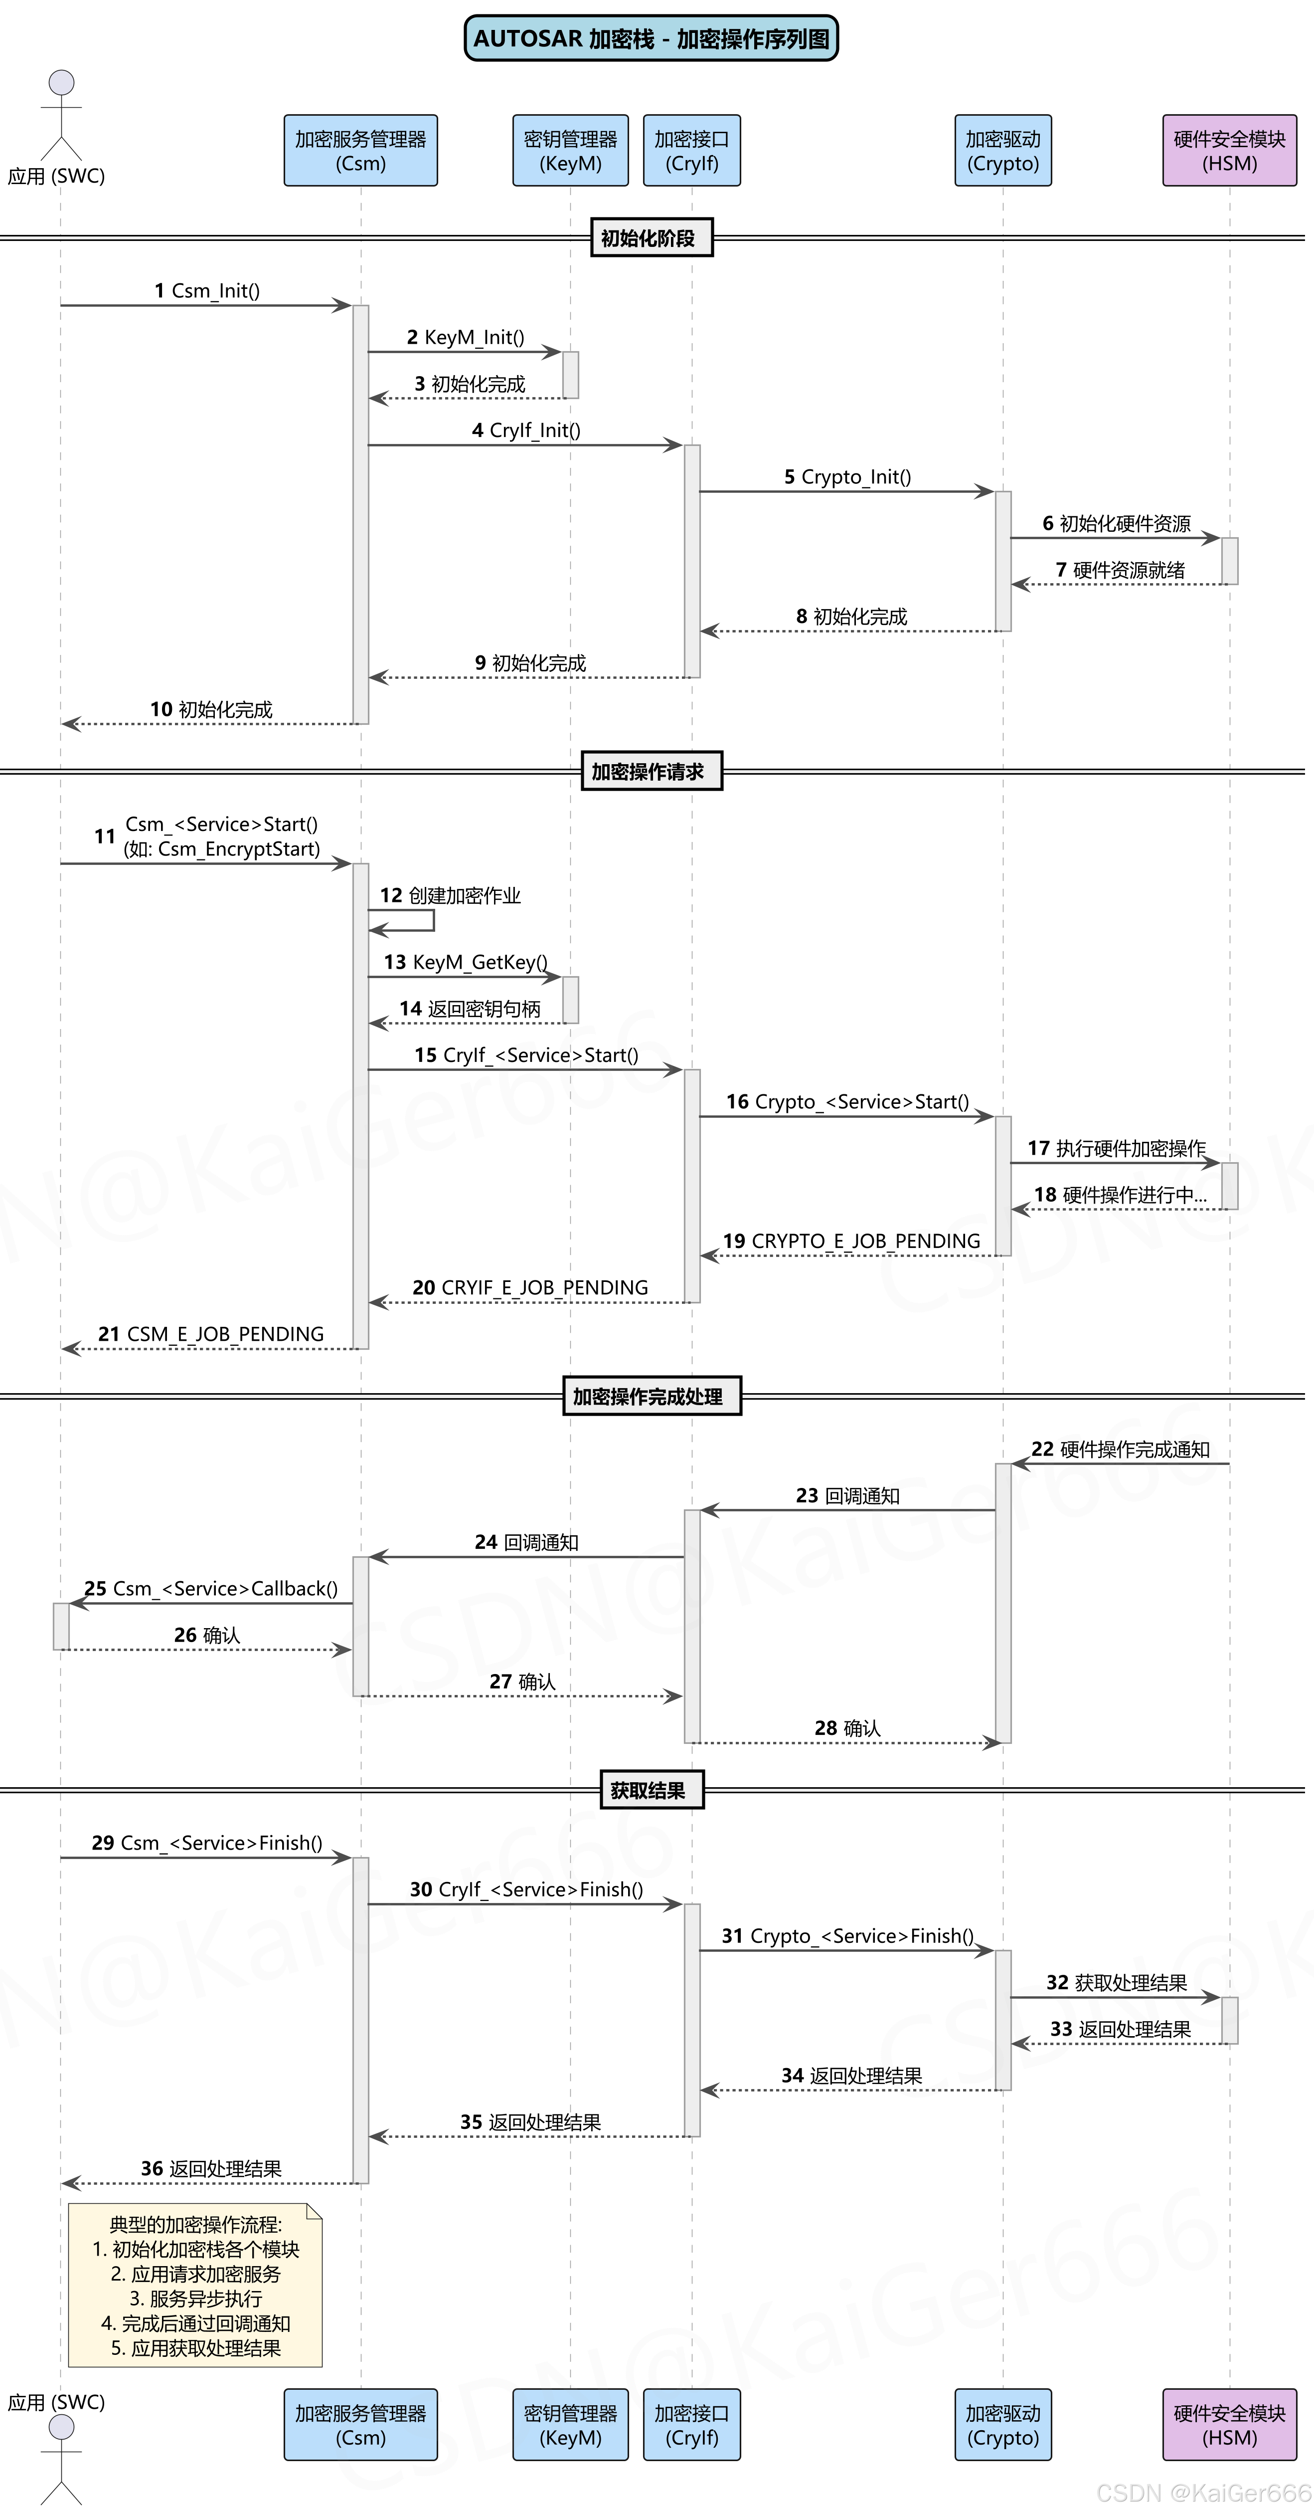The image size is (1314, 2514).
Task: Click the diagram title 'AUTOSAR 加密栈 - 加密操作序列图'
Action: [651, 39]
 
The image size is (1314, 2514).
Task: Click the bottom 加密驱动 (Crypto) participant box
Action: [1003, 2424]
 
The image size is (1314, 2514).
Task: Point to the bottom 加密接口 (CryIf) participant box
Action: [691, 2424]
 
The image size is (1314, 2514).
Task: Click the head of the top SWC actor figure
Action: [61, 82]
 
